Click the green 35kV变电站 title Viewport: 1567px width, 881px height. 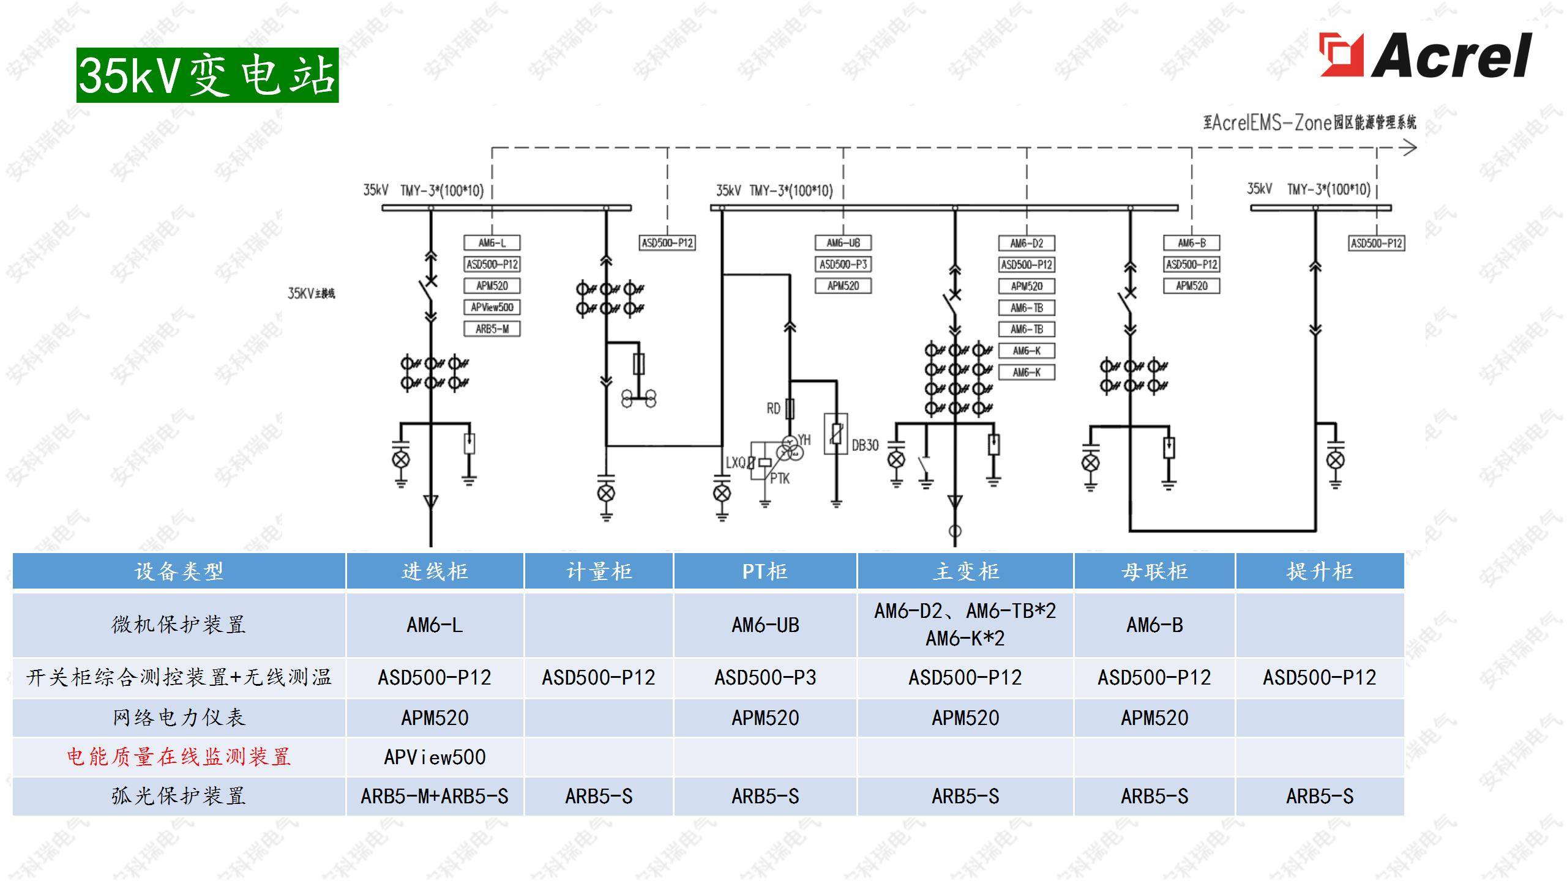(208, 75)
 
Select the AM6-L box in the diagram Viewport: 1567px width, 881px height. (492, 243)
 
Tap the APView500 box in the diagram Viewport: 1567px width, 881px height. (492, 307)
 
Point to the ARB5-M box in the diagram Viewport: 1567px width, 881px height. (492, 329)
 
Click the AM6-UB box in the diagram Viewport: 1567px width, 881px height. (843, 243)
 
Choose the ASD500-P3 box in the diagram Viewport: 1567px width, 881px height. (843, 264)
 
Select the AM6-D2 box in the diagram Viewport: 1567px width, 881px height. (1027, 243)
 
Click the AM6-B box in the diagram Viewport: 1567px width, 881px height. (1191, 243)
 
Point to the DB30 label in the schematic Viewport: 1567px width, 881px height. (865, 445)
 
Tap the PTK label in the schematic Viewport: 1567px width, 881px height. (779, 478)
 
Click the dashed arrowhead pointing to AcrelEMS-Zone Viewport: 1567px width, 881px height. (1409, 147)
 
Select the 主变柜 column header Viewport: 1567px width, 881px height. (965, 571)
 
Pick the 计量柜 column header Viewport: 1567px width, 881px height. (599, 571)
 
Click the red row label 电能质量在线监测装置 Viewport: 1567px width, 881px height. (179, 757)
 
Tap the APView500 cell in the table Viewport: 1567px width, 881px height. (435, 757)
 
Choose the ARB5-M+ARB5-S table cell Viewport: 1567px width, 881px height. (435, 796)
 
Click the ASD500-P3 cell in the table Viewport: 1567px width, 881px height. (765, 677)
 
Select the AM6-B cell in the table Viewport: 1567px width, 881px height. (1154, 625)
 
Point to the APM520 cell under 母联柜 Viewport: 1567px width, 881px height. (1154, 718)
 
